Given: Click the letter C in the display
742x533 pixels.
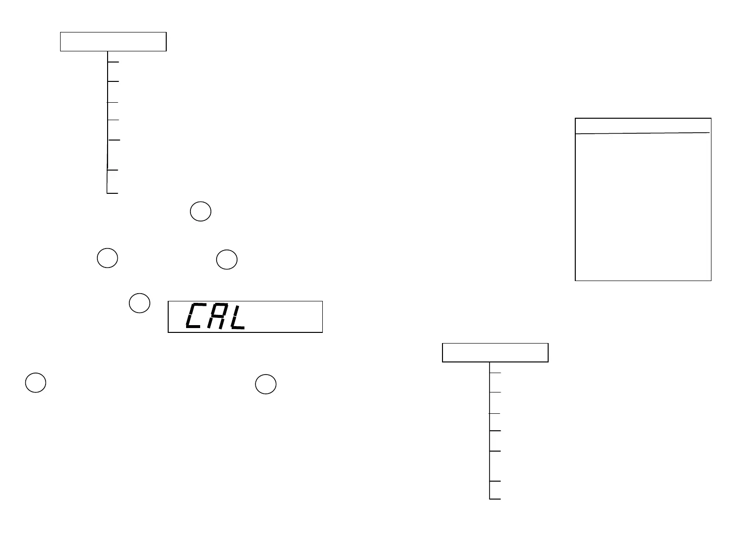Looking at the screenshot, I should tap(196, 316).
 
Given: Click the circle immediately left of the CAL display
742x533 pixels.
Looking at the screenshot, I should tap(139, 302).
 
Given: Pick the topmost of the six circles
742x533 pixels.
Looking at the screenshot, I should tap(200, 212).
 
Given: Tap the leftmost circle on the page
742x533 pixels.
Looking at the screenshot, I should tap(35, 383).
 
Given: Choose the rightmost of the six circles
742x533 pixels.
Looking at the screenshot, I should tap(266, 384).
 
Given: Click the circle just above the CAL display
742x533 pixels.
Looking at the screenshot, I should tap(226, 260).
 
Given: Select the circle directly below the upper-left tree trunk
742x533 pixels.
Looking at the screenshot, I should tap(108, 258).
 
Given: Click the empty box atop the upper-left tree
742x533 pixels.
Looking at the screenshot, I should tap(113, 42).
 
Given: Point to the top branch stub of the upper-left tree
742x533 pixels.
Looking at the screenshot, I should tap(113, 62).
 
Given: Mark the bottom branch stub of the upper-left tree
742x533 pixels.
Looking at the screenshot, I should tap(112, 193).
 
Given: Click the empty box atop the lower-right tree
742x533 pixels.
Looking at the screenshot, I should tap(495, 352).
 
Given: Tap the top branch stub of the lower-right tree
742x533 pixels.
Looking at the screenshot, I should tap(495, 373).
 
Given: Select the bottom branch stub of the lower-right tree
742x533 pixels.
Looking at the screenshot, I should tap(495, 499).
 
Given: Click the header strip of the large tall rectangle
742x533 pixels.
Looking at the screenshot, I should tap(643, 125).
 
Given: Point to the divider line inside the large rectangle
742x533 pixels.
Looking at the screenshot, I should tap(643, 133).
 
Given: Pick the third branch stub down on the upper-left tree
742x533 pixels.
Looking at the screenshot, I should tap(113, 102).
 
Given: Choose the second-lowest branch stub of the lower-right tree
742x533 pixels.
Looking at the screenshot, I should tap(495, 481).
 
